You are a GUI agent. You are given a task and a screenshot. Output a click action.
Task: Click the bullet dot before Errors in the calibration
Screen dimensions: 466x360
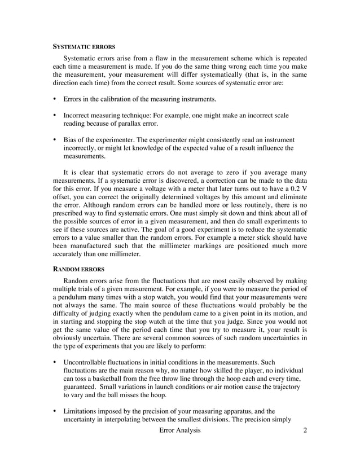tap(54, 99)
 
